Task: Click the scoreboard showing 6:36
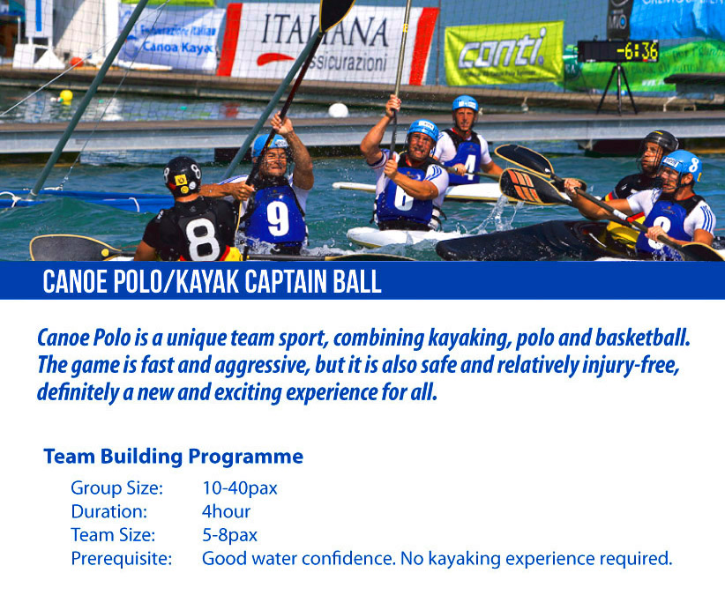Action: tap(617, 51)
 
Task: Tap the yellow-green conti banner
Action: tap(504, 54)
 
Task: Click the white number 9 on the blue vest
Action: tap(278, 218)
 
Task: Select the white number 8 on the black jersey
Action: tap(203, 239)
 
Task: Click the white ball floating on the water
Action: tap(338, 110)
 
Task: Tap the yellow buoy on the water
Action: tap(66, 97)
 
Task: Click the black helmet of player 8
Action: tap(183, 175)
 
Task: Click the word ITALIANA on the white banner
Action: tap(325, 30)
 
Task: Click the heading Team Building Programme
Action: tap(174, 457)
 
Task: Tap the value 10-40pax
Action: tap(240, 488)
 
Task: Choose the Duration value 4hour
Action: tap(226, 511)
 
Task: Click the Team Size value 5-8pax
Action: tap(229, 535)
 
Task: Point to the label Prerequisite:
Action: tap(121, 559)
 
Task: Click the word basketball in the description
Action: tap(643, 338)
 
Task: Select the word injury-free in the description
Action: tap(631, 366)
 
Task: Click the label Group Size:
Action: tap(117, 488)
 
